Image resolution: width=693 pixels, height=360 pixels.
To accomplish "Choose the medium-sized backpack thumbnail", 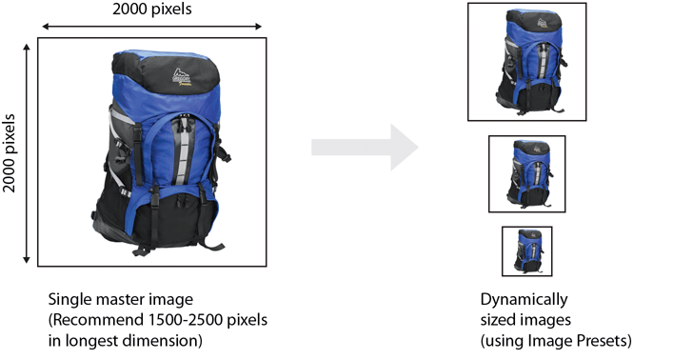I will tap(526, 172).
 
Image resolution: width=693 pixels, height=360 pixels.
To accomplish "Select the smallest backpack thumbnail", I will tap(526, 250).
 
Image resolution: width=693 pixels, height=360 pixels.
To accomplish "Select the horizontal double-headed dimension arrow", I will tap(150, 27).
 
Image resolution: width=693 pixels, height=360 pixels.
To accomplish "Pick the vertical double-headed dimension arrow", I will tap(26, 150).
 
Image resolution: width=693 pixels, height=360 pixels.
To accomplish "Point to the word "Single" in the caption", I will tap(68, 299).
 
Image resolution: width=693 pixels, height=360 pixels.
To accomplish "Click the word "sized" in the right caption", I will tap(498, 319).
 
